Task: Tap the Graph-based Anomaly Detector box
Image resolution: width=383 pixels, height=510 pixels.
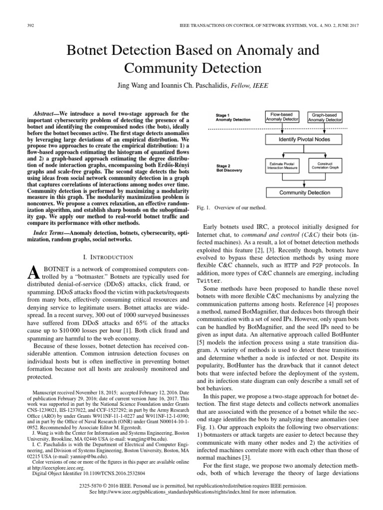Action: click(325, 117)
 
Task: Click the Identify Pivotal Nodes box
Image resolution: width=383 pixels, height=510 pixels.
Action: click(304, 141)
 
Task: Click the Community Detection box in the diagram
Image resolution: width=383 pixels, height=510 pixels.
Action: click(304, 192)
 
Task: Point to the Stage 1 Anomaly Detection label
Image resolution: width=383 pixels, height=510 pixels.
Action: click(233, 117)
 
